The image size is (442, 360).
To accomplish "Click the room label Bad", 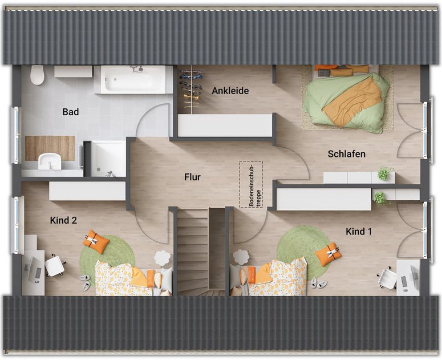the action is click(71, 112).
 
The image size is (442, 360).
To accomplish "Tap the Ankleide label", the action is click(230, 91).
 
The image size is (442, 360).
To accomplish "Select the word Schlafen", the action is click(346, 154).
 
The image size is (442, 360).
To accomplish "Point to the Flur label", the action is click(193, 177).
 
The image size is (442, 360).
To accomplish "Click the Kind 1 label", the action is click(359, 232).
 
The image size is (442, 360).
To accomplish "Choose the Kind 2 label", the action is click(63, 220).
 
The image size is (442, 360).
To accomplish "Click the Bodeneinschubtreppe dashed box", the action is click(251, 184).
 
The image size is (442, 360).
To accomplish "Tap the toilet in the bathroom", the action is click(37, 75).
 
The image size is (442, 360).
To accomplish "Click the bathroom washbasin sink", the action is click(50, 161).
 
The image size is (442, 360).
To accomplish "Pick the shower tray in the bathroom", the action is click(108, 159).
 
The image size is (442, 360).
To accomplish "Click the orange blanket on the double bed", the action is click(352, 101).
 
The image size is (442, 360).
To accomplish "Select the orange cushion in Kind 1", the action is click(328, 254).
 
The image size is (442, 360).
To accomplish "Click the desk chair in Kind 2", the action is click(55, 265).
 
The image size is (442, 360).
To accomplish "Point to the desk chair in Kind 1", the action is click(388, 278).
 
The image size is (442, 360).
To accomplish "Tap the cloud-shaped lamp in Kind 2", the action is click(163, 257).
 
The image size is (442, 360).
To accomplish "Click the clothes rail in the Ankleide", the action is click(192, 89).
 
